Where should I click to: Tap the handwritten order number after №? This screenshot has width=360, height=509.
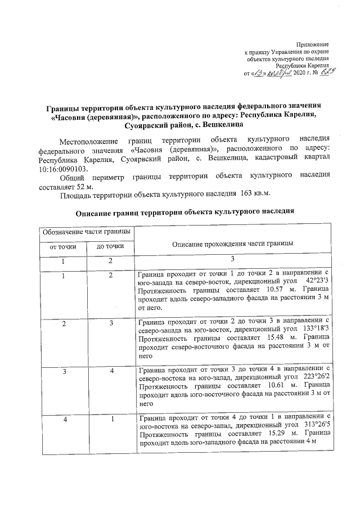(321, 73)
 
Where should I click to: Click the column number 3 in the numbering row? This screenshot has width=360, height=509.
(232, 258)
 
